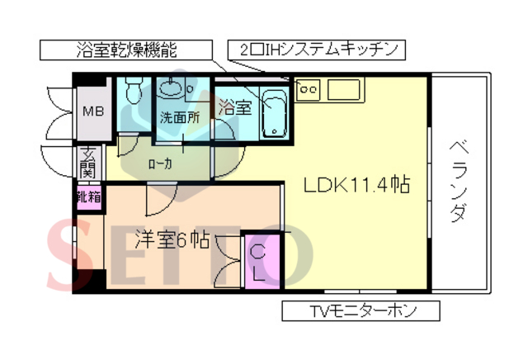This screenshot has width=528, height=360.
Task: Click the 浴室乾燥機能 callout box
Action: click(125, 50)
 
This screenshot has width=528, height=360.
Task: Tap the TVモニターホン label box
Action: click(361, 311)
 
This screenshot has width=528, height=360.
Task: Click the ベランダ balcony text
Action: click(459, 182)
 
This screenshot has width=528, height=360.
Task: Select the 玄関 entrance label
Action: click(87, 162)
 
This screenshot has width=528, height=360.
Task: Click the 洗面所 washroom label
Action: click(179, 116)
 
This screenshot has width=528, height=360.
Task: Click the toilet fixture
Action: click(133, 91)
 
